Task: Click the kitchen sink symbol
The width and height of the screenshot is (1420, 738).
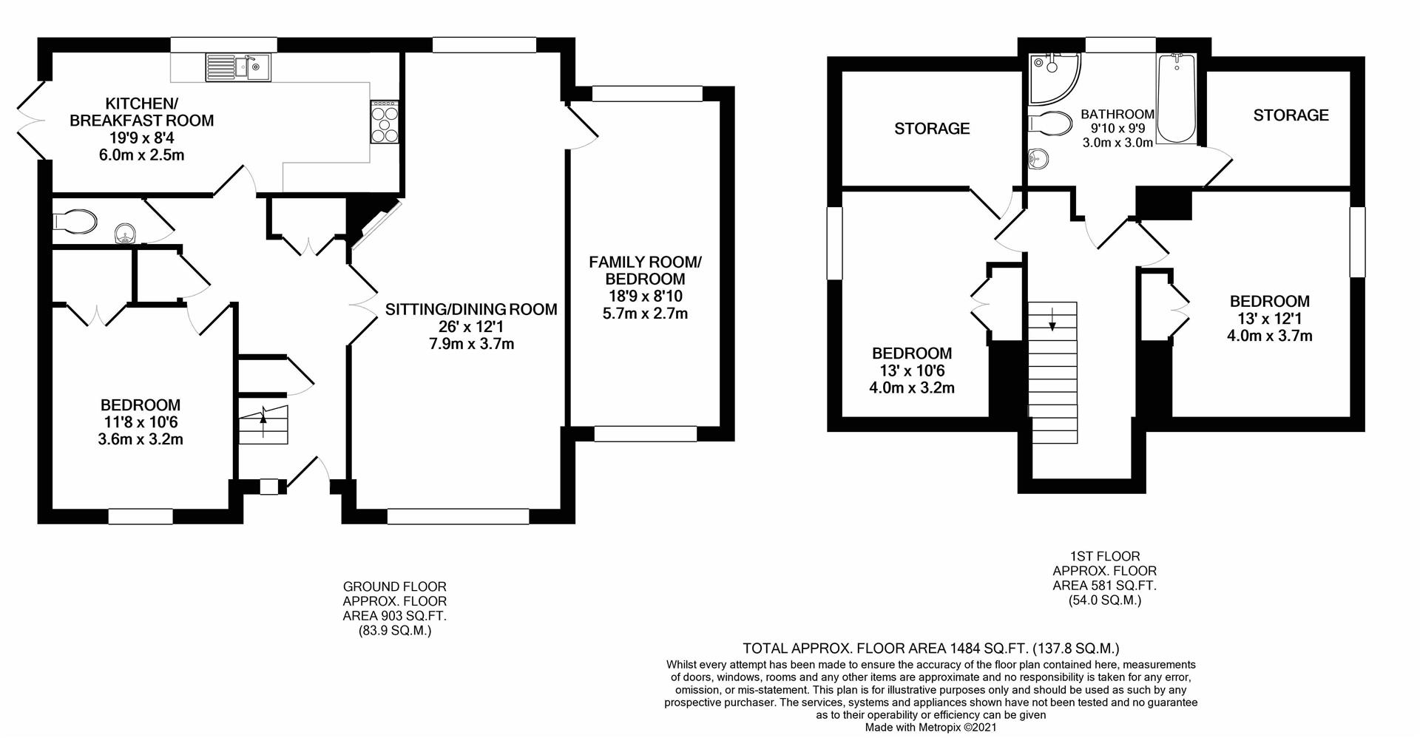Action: tap(238, 67)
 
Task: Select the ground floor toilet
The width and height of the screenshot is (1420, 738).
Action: tap(75, 220)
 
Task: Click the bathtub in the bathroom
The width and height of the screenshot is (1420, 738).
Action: tap(1176, 99)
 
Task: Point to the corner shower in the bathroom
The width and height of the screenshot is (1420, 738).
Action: tap(1052, 77)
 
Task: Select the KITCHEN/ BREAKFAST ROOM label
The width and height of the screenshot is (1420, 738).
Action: tap(141, 112)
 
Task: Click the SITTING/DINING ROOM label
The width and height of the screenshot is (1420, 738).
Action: tap(471, 309)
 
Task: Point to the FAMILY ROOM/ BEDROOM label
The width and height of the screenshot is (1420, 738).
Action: tap(645, 271)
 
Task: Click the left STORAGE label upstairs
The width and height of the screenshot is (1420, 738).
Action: tap(932, 129)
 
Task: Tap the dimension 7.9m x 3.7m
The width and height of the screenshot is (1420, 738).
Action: tap(471, 344)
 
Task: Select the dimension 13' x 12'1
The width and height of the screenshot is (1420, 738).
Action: tap(1269, 319)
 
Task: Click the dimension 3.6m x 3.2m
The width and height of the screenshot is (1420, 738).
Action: tap(141, 439)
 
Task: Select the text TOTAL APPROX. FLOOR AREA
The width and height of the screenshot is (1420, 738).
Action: tap(844, 649)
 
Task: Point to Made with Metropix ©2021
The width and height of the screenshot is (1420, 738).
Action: tap(930, 728)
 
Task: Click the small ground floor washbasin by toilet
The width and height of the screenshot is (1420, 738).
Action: tap(125, 235)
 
